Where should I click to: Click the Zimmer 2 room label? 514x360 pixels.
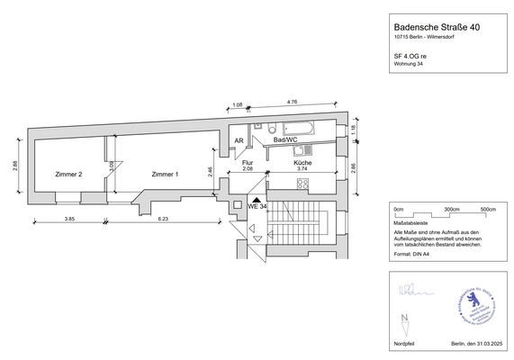(x=68, y=175)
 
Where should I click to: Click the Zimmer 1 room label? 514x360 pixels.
(x=165, y=175)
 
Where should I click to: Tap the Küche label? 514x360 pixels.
(x=303, y=163)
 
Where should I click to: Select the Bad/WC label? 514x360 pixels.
(x=286, y=141)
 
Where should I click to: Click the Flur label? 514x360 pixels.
(x=247, y=163)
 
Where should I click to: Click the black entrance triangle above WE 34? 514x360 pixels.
(x=256, y=201)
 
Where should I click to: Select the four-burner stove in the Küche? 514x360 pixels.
(x=303, y=185)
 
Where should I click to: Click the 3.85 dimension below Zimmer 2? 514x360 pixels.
(x=69, y=219)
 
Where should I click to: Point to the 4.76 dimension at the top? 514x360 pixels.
(x=292, y=103)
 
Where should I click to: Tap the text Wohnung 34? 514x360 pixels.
(x=410, y=64)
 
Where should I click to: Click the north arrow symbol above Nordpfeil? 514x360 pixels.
(x=407, y=319)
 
